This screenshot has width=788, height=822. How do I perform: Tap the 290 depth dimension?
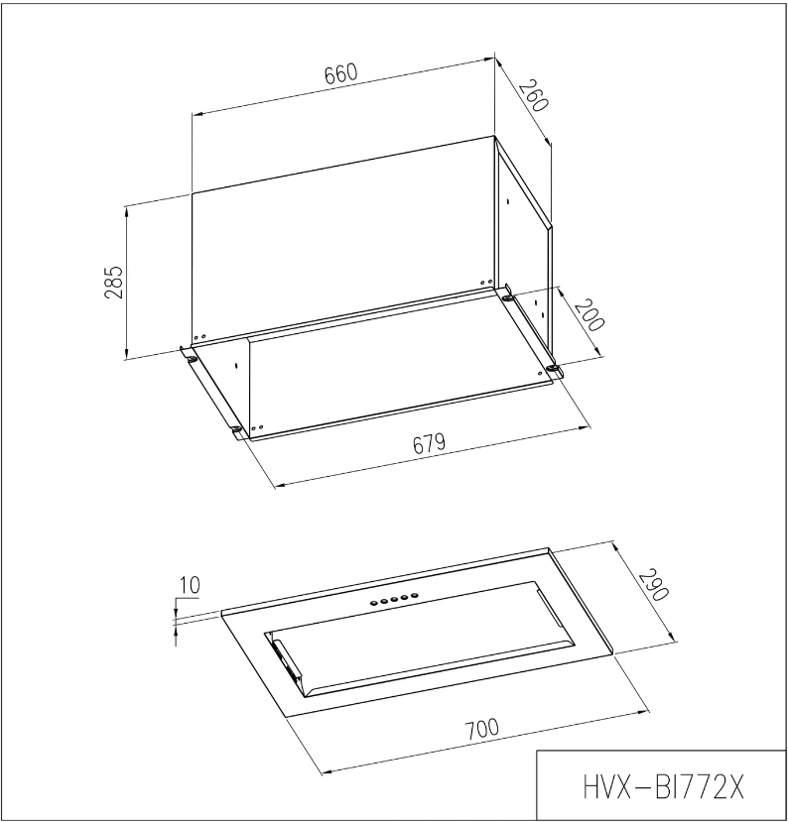tap(652, 586)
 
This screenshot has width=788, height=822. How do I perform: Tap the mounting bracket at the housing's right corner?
tap(552, 371)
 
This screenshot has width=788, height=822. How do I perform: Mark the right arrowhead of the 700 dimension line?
tap(647, 709)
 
